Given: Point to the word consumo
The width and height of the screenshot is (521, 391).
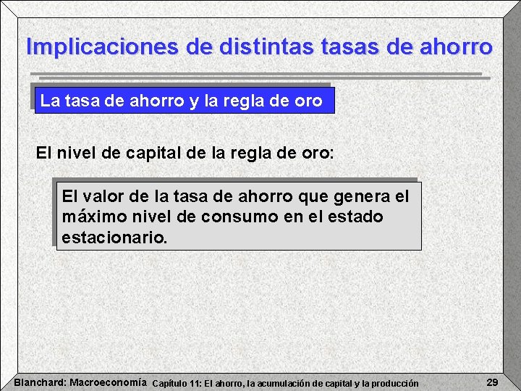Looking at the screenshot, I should [x=229, y=216].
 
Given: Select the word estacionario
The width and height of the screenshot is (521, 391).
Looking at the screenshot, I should [x=114, y=237].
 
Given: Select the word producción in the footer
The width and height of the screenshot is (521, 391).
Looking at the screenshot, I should [x=394, y=383].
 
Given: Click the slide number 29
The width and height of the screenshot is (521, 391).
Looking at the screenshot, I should [x=492, y=382].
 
